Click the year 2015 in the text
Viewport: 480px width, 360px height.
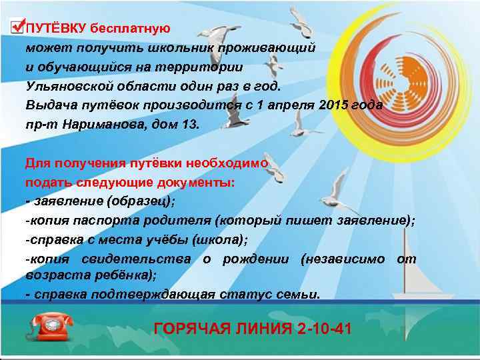tap(334, 105)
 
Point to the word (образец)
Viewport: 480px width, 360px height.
tap(143, 201)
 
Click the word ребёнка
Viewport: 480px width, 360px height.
tap(123, 274)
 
